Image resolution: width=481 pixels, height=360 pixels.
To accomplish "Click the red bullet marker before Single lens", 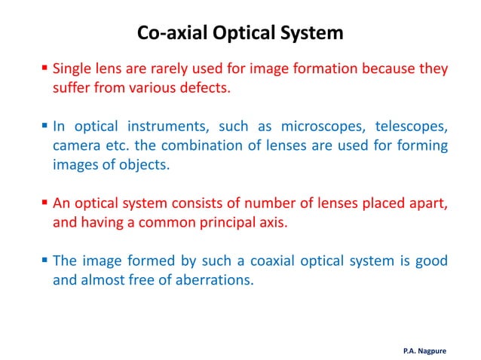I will (x=44, y=69).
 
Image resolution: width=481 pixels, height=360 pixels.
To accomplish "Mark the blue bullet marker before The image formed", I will (x=44, y=261).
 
